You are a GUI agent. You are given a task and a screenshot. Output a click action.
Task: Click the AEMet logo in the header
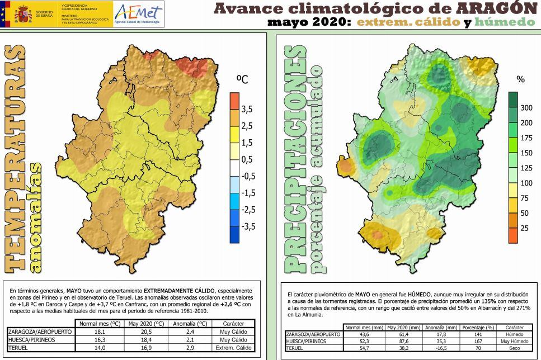(x=138, y=13)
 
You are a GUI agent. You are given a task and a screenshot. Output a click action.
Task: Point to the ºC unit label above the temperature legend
(x=241, y=80)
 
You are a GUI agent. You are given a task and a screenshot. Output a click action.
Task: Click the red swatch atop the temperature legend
(x=234, y=101)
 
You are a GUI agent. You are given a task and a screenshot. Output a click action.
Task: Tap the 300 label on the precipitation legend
(x=526, y=107)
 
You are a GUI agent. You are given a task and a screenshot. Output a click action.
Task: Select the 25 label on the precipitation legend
(x=525, y=228)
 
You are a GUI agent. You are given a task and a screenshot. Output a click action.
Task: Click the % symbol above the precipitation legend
(x=520, y=79)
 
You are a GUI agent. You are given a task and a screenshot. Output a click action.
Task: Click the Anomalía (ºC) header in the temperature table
(x=190, y=324)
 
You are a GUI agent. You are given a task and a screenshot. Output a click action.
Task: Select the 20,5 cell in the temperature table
(x=147, y=331)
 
